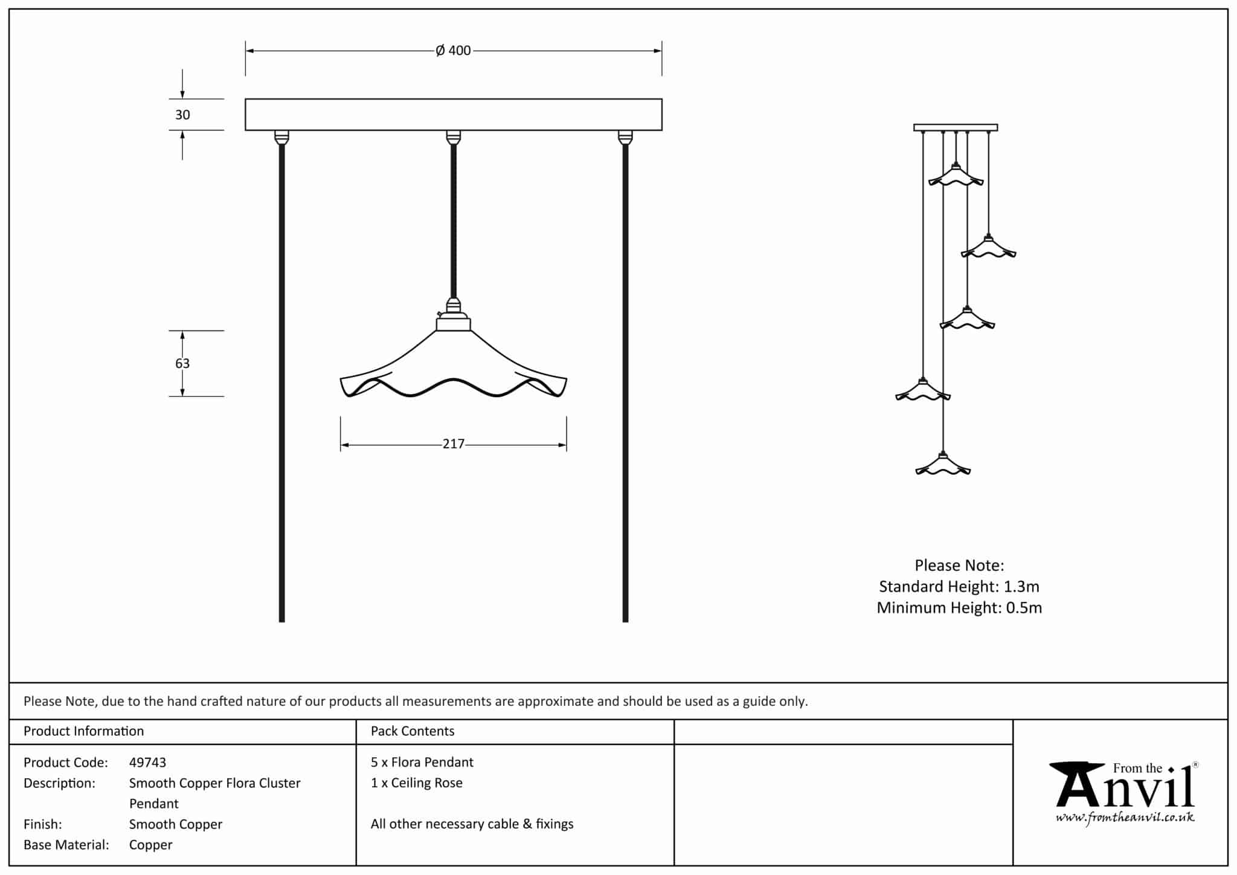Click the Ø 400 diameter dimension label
(x=453, y=51)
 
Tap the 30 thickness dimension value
(x=182, y=115)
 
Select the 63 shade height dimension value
(x=182, y=363)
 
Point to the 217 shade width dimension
(x=453, y=444)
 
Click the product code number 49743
(x=147, y=763)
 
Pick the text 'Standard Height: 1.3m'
(x=959, y=586)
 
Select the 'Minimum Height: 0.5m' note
(x=959, y=607)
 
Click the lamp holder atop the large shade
(x=453, y=315)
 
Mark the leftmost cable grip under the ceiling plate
(x=281, y=138)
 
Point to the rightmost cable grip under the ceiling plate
(x=625, y=138)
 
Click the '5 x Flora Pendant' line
(x=422, y=763)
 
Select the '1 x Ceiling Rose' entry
(x=416, y=783)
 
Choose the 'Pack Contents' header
(x=412, y=731)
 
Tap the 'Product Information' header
(x=83, y=731)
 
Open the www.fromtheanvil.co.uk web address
(x=1125, y=818)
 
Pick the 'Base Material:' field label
(x=66, y=845)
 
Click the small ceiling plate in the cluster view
(x=955, y=128)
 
